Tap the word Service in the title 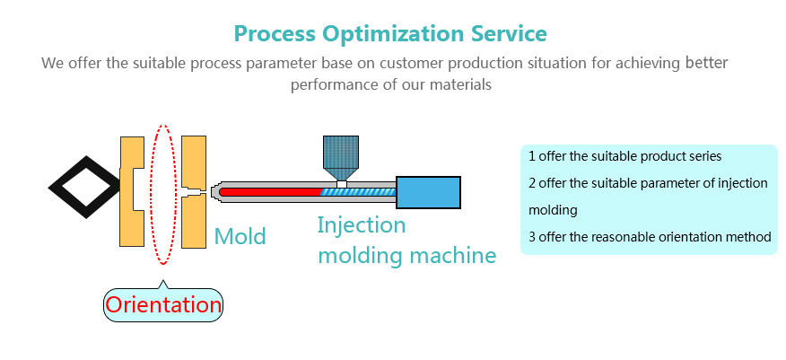(x=509, y=33)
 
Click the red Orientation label (x=163, y=305)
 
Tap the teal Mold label (x=240, y=236)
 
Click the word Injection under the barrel (x=361, y=226)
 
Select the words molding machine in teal (x=407, y=255)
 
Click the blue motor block (x=428, y=192)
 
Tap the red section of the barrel (x=271, y=191)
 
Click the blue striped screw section (x=359, y=191)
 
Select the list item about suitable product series (x=624, y=156)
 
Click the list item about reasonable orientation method (x=650, y=237)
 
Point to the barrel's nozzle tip (x=213, y=192)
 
